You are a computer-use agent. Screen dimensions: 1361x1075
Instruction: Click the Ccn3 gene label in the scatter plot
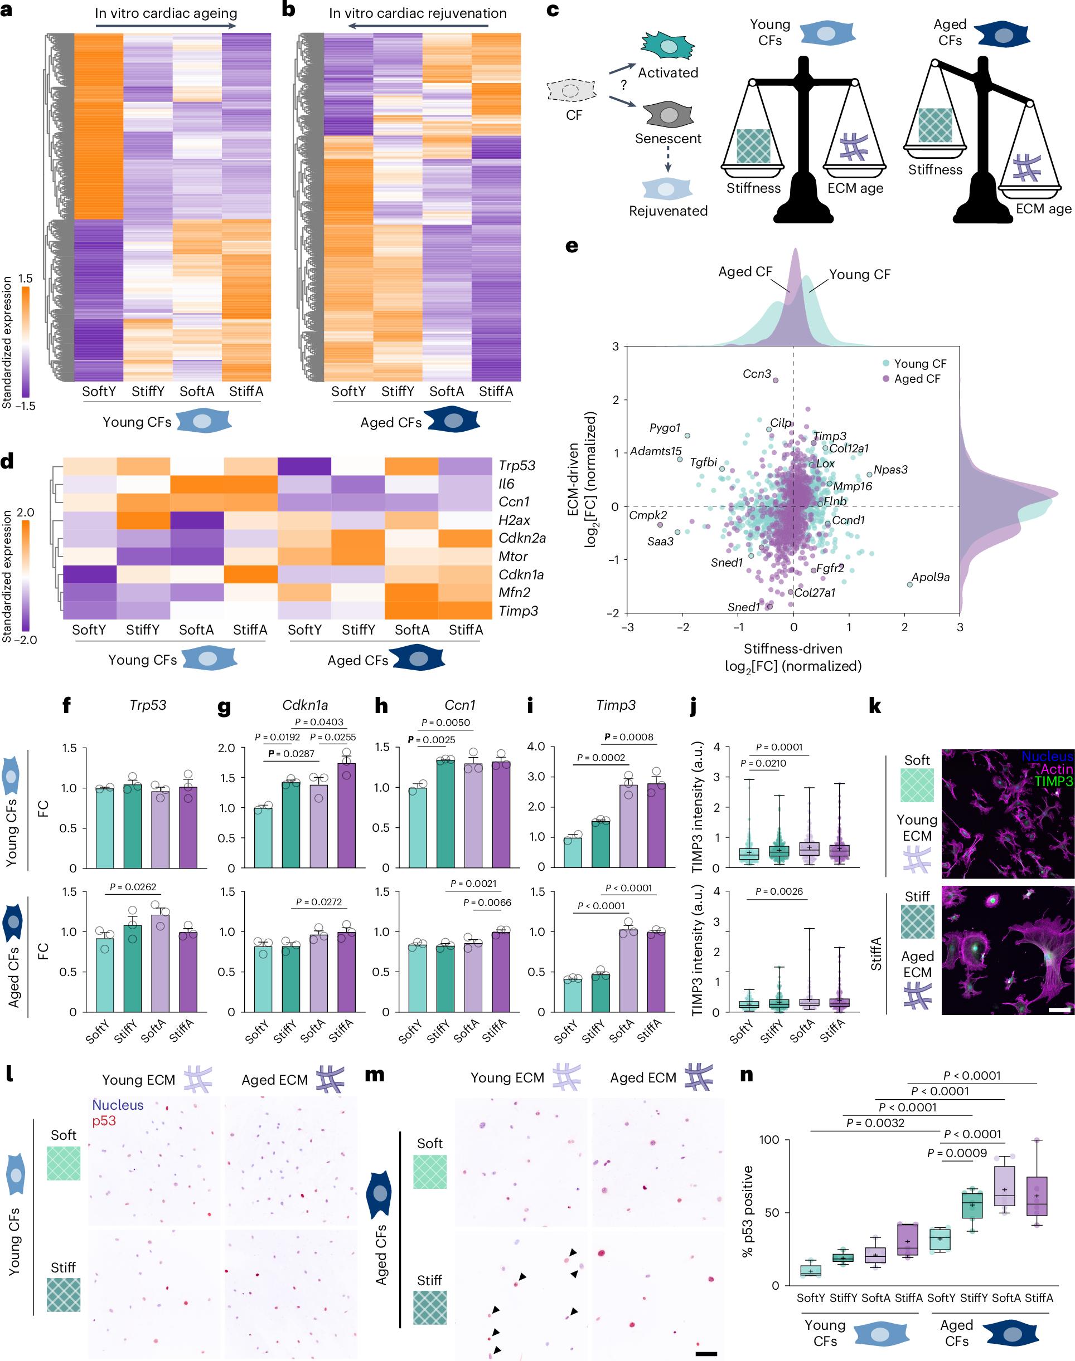point(757,374)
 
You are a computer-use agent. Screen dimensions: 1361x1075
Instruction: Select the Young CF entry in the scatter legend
point(919,364)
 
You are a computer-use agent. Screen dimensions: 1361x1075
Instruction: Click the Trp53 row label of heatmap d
point(517,465)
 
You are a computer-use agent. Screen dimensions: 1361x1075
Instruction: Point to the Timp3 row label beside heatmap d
point(518,611)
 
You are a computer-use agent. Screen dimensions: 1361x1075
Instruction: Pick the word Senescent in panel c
point(668,138)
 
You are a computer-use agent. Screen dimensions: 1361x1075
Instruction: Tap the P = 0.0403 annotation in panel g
point(319,722)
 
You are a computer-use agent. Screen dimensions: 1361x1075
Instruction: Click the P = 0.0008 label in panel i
point(629,736)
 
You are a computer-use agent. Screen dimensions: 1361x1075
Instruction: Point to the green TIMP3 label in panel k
point(1053,781)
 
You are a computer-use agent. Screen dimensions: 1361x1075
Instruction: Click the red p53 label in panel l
point(104,1120)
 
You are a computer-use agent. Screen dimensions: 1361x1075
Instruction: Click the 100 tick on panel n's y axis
point(768,1140)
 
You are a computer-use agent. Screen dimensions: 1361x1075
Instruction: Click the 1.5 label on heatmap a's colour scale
point(25,278)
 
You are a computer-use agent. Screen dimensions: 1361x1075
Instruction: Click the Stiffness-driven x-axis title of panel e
point(792,648)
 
